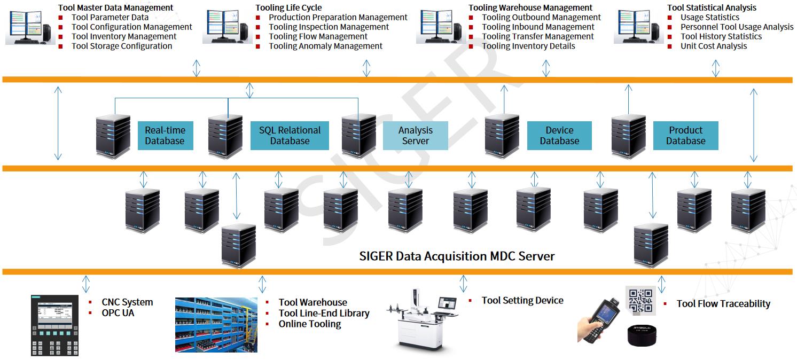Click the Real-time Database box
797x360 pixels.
coord(165,136)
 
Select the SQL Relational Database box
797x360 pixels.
coord(290,136)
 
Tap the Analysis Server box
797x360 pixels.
coord(415,136)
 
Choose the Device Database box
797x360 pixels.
coord(559,136)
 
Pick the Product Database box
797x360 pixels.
coord(685,136)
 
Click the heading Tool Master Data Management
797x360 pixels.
coord(116,7)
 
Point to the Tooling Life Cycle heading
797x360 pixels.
coord(288,7)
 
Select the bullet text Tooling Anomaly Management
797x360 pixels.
coord(325,46)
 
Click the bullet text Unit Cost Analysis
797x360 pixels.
coord(714,46)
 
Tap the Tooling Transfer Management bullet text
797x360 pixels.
coord(538,37)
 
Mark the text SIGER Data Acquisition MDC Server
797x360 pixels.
coord(457,256)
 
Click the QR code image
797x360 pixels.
coord(640,301)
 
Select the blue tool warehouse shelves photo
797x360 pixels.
coord(216,325)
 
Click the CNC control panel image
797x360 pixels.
coord(55,325)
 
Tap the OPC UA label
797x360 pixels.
coord(118,313)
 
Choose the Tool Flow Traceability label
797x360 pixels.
coord(723,304)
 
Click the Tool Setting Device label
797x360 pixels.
coord(522,301)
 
